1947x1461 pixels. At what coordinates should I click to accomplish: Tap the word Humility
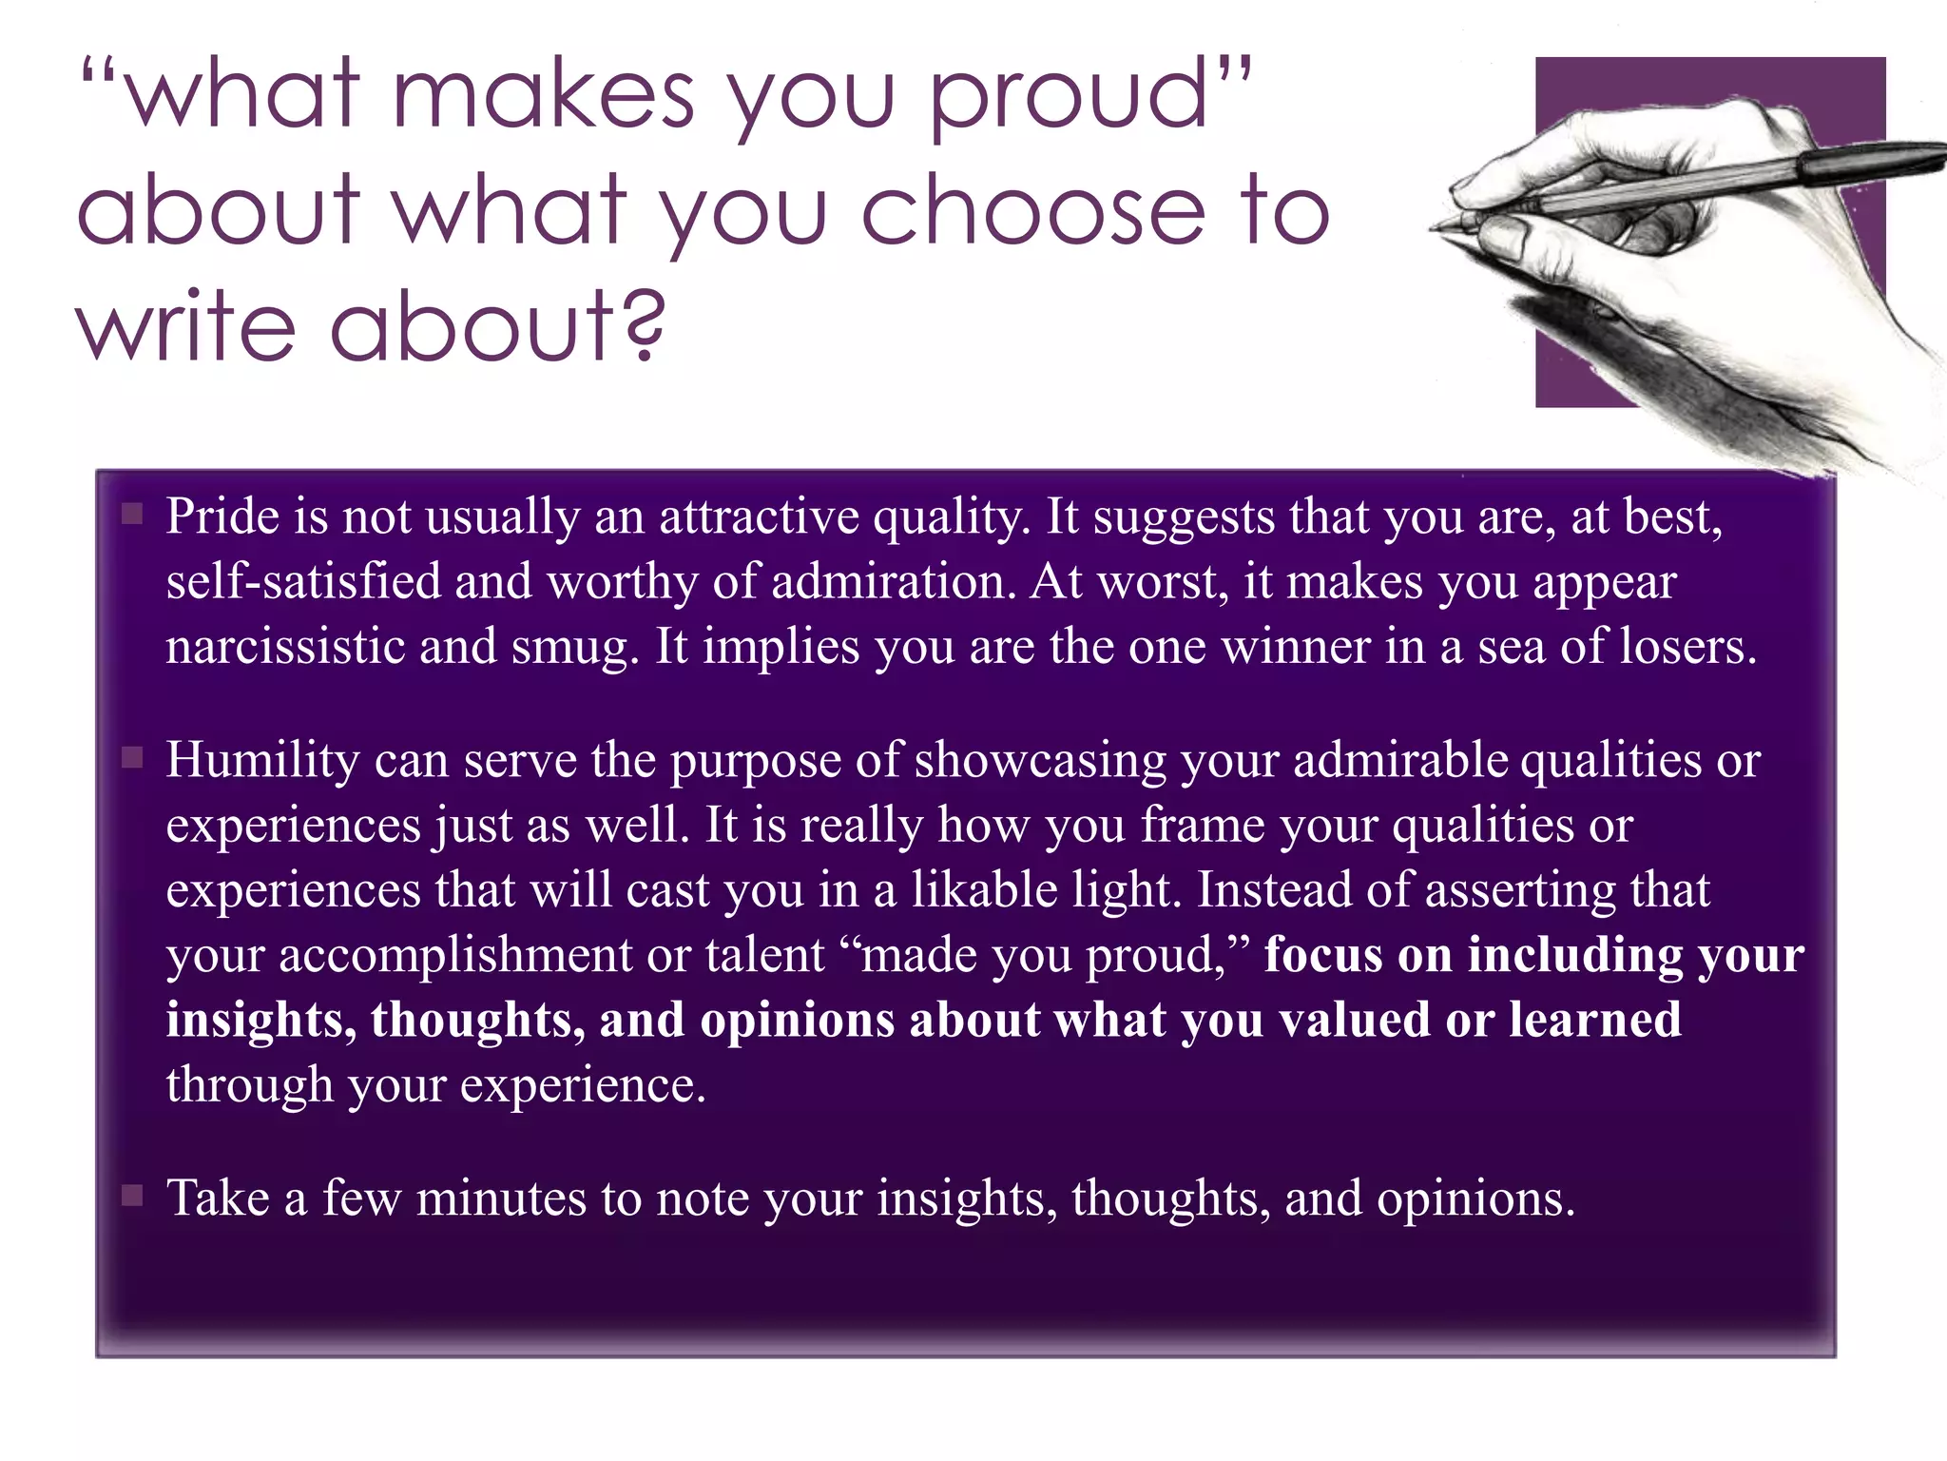[262, 761]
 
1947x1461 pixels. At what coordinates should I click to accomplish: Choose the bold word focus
[1322, 954]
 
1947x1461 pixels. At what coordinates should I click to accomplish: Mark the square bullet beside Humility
[132, 758]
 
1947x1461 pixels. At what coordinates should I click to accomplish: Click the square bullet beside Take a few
[132, 1196]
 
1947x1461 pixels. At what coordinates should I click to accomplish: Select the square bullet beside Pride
[132, 515]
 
